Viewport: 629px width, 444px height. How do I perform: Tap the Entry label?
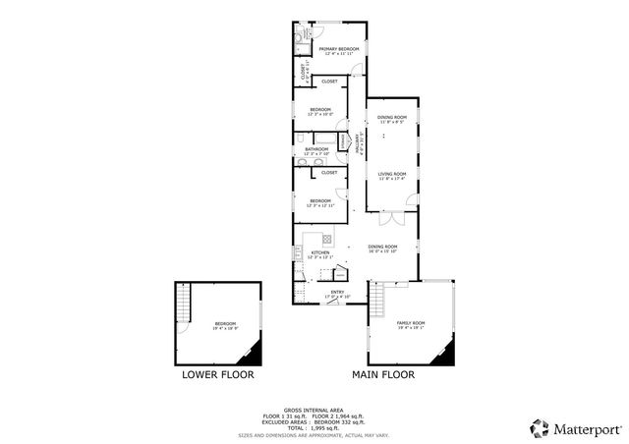pos(337,293)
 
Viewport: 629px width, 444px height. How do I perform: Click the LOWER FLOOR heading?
pos(218,374)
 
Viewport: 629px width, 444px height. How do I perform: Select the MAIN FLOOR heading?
pos(383,374)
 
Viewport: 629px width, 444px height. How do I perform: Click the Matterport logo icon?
pos(539,427)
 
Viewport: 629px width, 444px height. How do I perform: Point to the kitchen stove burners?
pos(326,238)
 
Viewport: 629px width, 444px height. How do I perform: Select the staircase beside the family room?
pos(375,301)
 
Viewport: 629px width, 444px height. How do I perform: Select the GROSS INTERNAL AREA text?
pos(315,409)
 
